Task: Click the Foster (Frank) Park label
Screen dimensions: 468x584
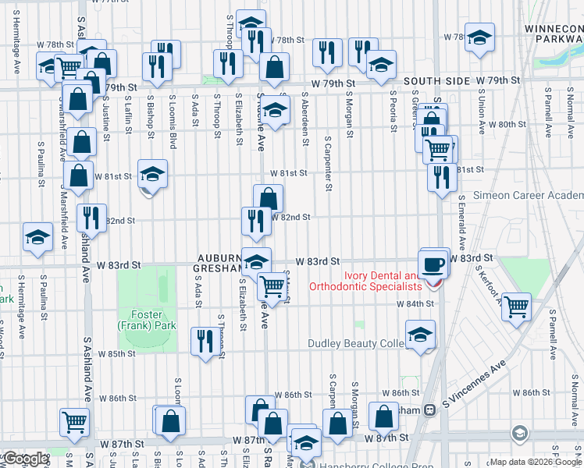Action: pos(147,319)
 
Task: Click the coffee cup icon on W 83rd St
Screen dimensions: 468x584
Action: pos(434,263)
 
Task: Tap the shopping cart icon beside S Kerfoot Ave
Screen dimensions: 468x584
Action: pos(516,306)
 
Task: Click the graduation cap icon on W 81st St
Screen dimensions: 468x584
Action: pos(153,175)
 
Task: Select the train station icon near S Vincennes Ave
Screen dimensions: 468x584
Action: pos(429,409)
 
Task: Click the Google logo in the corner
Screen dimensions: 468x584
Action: pos(25,459)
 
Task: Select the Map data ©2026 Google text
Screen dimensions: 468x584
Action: pos(536,462)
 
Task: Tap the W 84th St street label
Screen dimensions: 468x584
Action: pos(414,303)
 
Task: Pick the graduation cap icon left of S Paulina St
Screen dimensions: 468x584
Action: pos(37,238)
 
